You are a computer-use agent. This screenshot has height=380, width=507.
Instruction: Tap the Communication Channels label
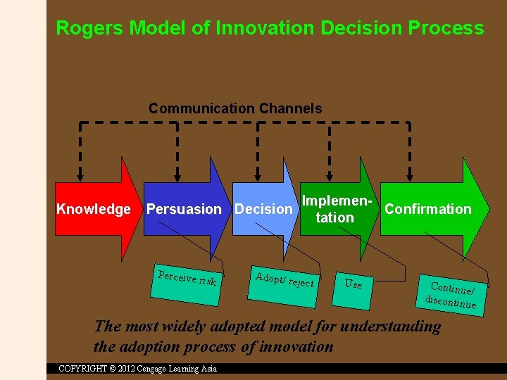[235, 108]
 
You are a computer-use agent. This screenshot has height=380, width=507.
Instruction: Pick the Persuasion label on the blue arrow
[184, 209]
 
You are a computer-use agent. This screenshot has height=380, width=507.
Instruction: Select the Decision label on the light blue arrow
[263, 209]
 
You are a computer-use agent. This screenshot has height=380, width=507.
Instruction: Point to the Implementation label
[335, 209]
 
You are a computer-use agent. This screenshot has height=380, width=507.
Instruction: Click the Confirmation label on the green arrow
[428, 209]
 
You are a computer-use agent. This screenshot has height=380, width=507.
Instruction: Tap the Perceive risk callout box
[187, 280]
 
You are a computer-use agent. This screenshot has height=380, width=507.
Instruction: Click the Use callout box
[353, 284]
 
